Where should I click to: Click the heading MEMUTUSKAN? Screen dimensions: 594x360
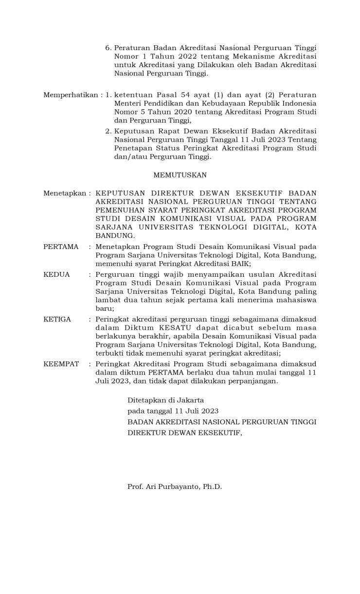tap(180, 175)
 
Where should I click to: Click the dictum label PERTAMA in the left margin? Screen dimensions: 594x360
tap(61, 247)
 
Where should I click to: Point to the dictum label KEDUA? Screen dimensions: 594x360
tap(56, 274)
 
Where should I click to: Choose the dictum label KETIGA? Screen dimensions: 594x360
tap(57, 319)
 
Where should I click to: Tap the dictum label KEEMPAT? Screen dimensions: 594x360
tap(61, 363)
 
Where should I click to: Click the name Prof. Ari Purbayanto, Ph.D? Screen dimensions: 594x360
tap(175, 486)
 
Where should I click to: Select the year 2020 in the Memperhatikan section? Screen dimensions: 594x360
tap(171, 112)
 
